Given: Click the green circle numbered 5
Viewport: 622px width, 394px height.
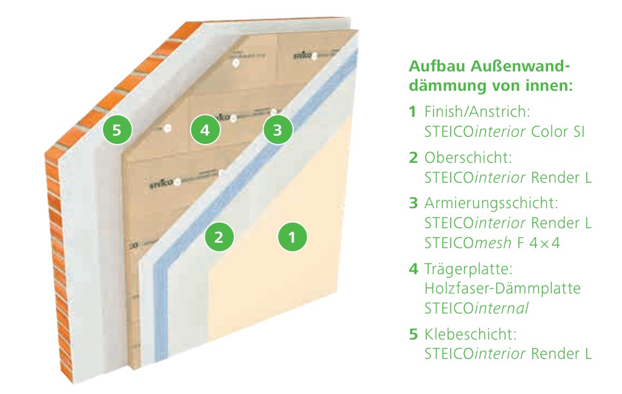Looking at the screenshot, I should coord(117,130).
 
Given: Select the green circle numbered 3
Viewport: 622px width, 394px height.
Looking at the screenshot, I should coord(277,129).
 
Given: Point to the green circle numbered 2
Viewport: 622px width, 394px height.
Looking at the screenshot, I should coord(220,237).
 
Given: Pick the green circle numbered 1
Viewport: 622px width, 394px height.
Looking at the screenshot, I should coord(293,237).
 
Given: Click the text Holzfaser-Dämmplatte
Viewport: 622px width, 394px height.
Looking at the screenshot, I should coord(503,288).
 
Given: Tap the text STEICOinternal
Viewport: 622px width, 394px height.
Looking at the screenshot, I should coord(477,308).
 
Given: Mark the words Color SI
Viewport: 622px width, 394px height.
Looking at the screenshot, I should coord(557,131).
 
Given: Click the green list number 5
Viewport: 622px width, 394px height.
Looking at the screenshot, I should coord(413,333).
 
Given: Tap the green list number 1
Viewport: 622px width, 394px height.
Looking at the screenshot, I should coord(413,112).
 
